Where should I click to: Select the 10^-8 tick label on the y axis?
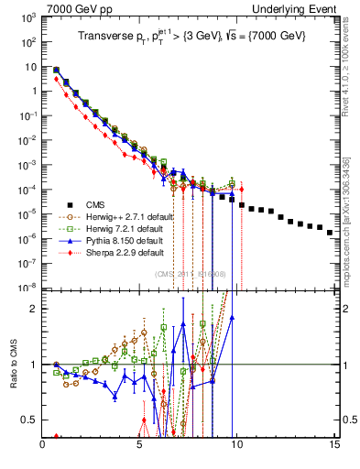28,287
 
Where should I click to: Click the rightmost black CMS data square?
330,233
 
